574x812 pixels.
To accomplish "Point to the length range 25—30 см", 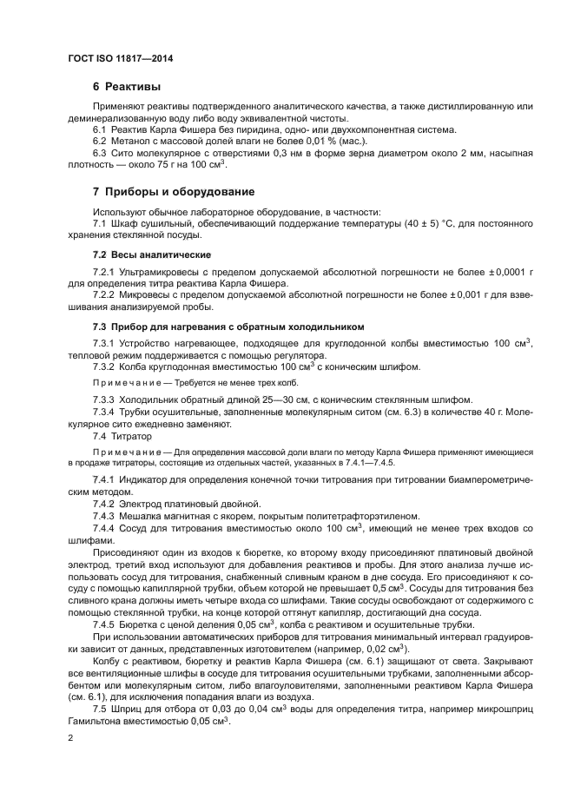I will (x=245, y=399).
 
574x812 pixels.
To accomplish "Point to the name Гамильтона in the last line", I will (x=96, y=722).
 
